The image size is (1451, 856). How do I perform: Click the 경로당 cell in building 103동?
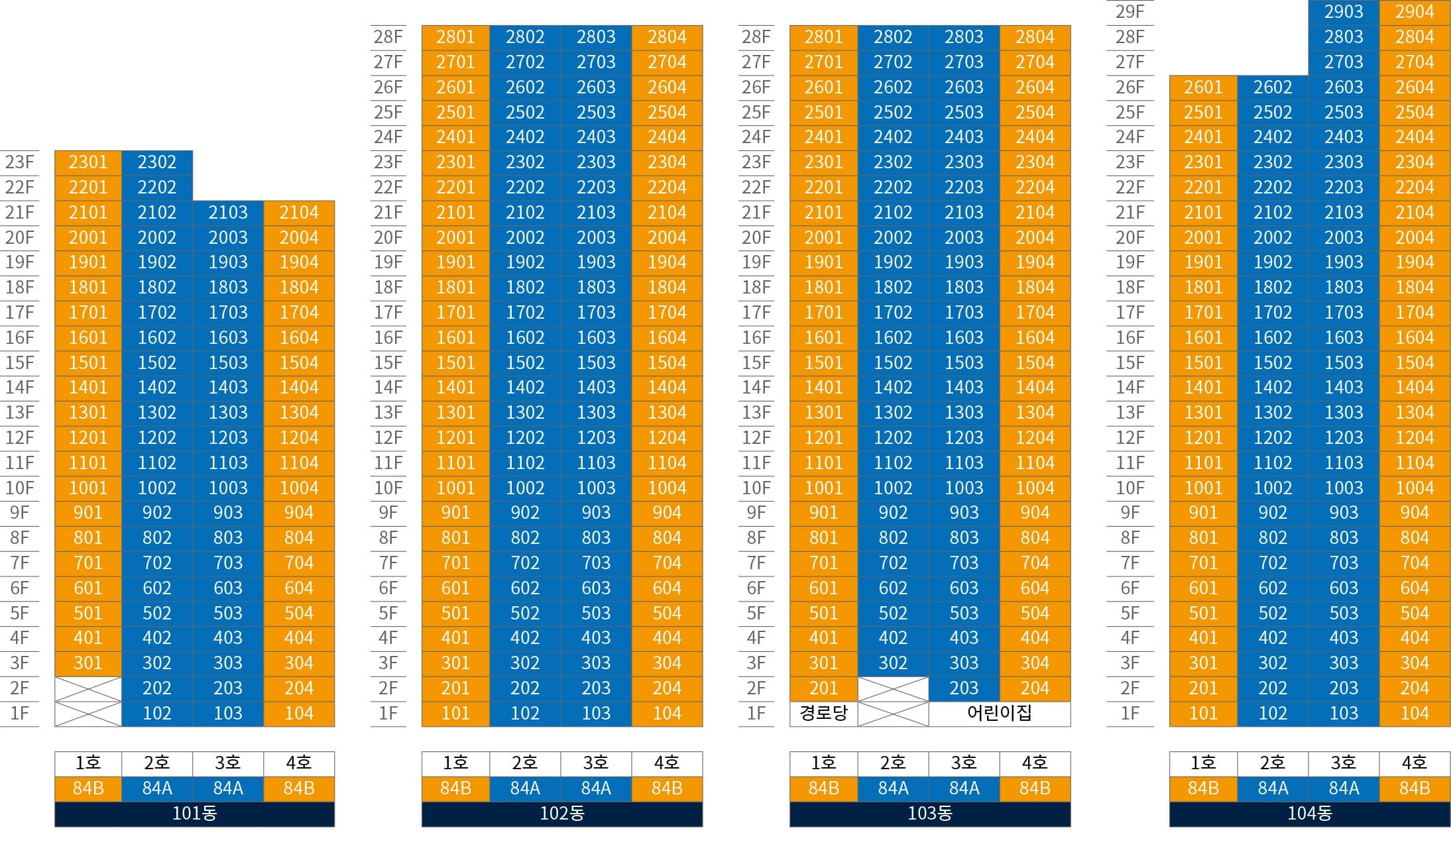[x=823, y=714]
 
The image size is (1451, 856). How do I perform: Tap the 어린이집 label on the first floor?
[x=999, y=714]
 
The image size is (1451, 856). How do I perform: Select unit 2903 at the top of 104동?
[x=1344, y=12]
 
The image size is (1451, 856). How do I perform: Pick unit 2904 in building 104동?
[x=1415, y=12]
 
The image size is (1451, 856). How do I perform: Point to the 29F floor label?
[x=1130, y=12]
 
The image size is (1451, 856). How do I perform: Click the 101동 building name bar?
[x=194, y=814]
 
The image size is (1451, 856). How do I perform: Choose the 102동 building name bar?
[x=562, y=814]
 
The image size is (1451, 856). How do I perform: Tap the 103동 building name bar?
[x=930, y=814]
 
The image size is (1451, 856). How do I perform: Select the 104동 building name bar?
[x=1310, y=814]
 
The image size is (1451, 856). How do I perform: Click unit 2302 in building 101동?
[x=157, y=162]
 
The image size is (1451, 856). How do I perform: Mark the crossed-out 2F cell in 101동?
[x=88, y=688]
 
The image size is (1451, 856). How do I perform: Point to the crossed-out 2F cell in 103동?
[x=893, y=688]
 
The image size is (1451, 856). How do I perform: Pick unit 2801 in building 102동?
[x=455, y=37]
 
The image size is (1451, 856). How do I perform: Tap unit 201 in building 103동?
[x=823, y=688]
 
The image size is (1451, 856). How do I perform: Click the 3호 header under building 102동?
[x=596, y=763]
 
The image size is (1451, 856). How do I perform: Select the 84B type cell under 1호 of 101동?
[x=88, y=788]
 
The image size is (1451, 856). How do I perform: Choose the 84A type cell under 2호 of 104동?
[x=1273, y=788]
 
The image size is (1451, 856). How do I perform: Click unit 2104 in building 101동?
[x=299, y=213]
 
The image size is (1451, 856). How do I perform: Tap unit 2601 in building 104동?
[x=1203, y=87]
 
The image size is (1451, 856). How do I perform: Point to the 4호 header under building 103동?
[x=1035, y=763]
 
